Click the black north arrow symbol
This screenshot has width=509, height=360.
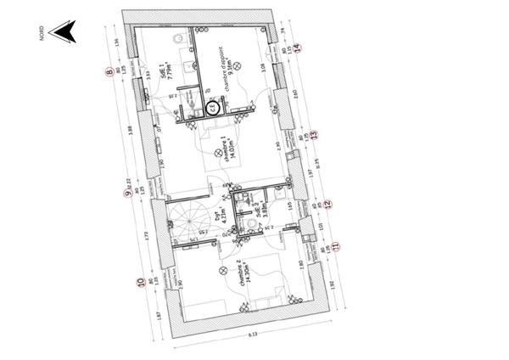coord(63,32)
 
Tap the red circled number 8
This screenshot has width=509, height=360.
coord(109,72)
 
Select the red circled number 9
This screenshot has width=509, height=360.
coord(126,193)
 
